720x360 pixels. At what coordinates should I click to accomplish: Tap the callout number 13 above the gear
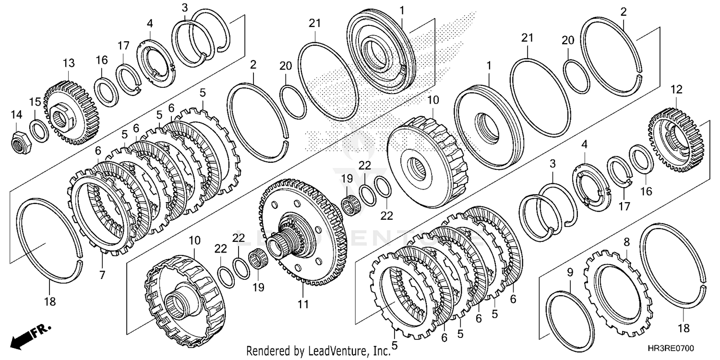pos(69,63)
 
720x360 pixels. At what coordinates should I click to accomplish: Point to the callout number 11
pos(303,304)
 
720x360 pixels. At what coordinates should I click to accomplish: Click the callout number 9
pos(570,272)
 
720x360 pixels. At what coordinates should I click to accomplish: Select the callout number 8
pos(626,243)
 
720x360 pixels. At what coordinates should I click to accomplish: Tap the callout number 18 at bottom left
pos(50,302)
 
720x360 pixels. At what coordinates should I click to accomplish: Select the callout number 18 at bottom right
pos(684,329)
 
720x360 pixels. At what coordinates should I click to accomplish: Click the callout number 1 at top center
pos(402,10)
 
